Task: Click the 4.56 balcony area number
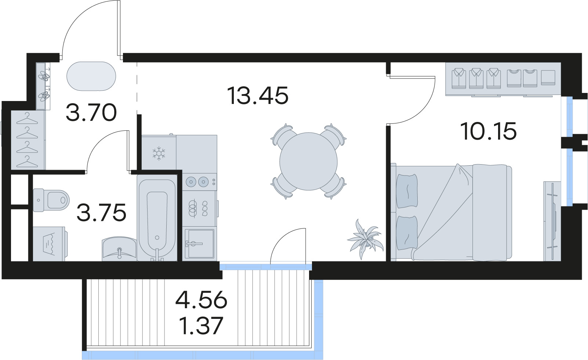click(x=202, y=299)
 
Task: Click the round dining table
click(x=308, y=161)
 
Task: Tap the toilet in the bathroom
click(x=51, y=200)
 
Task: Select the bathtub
click(x=157, y=217)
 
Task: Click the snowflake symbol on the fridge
click(x=159, y=154)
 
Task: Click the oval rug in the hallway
click(x=91, y=76)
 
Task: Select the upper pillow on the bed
click(x=407, y=191)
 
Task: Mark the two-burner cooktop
click(x=200, y=181)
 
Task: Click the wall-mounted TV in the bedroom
click(x=552, y=221)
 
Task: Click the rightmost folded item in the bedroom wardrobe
click(x=548, y=78)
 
